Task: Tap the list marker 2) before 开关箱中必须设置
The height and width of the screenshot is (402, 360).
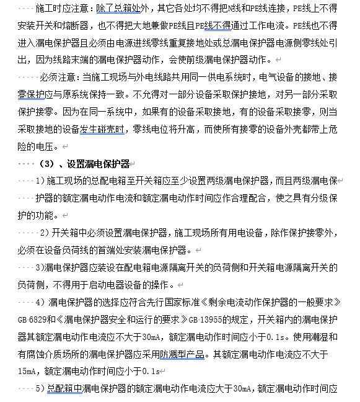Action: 45,233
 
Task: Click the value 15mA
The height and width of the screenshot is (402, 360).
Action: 27,371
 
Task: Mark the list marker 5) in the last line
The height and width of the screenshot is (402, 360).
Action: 40,388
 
